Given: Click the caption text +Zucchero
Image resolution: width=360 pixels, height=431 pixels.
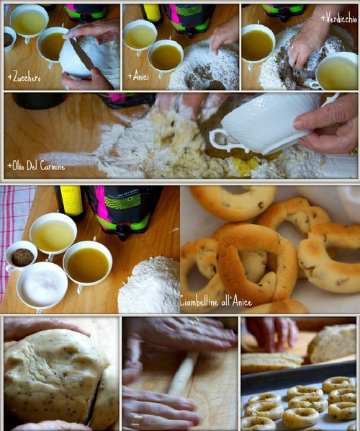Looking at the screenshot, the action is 24,78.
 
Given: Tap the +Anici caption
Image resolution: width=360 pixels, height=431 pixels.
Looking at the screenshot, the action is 138,76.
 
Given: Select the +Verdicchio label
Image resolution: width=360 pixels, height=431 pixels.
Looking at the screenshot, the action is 338,19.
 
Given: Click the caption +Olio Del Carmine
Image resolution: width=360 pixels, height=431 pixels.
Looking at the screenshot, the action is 36,166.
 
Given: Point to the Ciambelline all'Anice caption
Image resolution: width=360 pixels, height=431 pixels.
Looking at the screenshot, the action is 216,302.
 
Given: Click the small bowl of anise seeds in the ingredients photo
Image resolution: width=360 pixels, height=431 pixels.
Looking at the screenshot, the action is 22,257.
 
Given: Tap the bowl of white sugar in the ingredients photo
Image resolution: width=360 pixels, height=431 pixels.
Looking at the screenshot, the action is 42,285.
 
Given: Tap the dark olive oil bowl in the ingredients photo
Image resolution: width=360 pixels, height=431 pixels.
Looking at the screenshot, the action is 88,265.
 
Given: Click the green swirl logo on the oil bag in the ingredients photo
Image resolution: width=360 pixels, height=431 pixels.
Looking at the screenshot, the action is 127,203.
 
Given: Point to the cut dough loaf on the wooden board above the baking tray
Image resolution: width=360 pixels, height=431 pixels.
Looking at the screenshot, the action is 332,344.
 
